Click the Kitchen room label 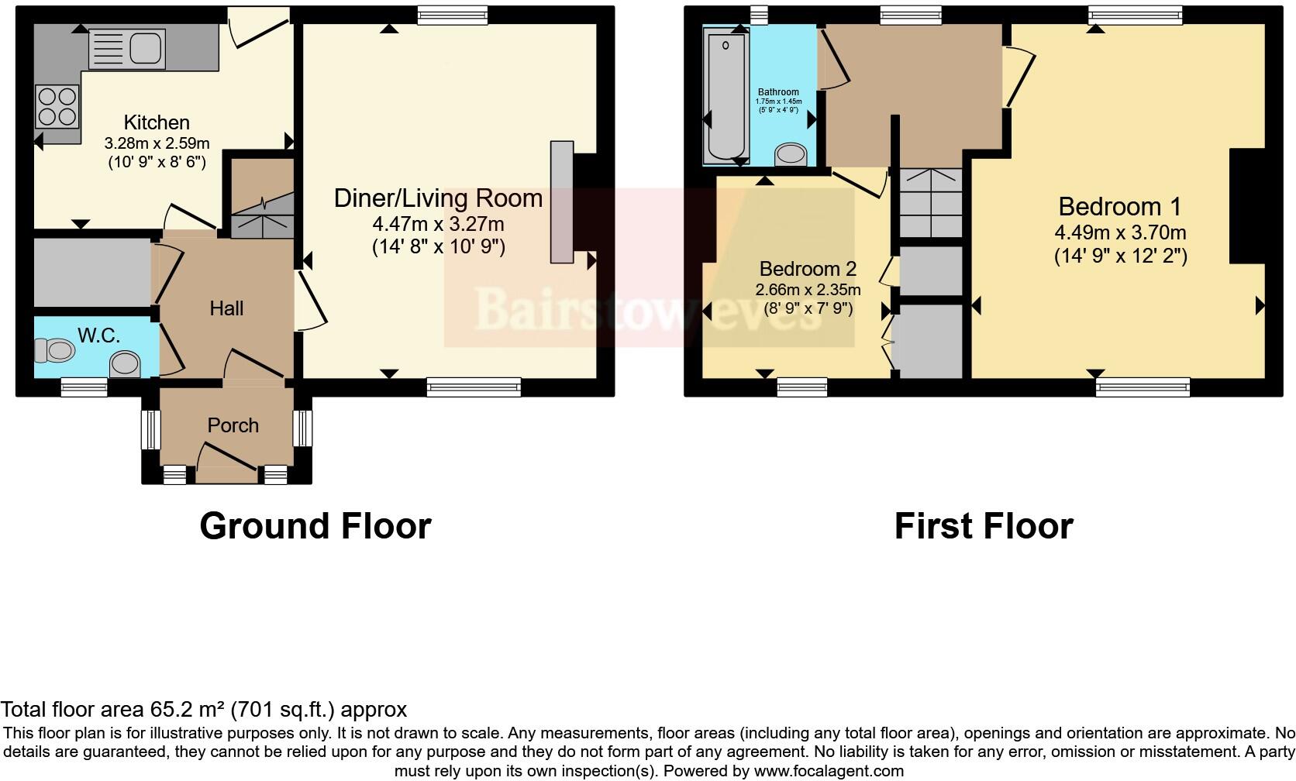point(157,122)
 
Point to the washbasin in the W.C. point(125,363)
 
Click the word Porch point(233,425)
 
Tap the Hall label point(226,308)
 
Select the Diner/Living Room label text point(438,198)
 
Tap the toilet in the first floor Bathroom point(791,154)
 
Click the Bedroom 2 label point(808,269)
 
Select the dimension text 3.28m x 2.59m point(157,143)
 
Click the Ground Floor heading point(315,526)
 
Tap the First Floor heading point(983,526)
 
